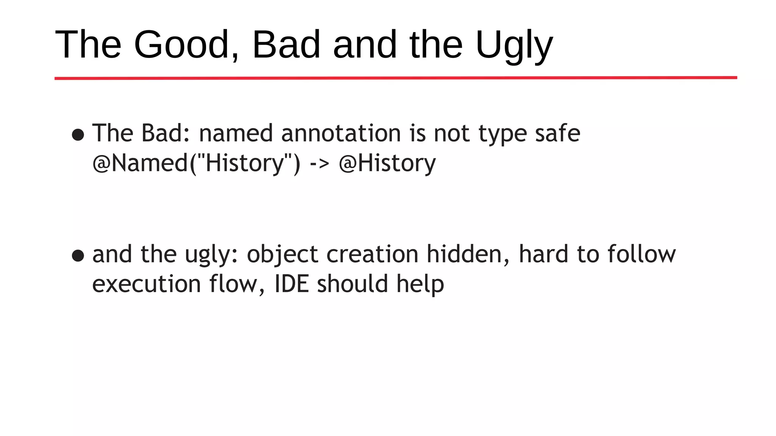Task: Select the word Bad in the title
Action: (x=286, y=45)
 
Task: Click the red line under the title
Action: (x=396, y=78)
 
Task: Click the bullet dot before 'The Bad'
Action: (x=78, y=135)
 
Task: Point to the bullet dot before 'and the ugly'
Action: (x=78, y=255)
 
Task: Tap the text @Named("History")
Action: (x=196, y=163)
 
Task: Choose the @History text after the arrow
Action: (x=387, y=163)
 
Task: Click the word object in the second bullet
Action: (x=282, y=254)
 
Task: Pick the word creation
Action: (x=372, y=254)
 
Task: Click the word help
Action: (x=420, y=285)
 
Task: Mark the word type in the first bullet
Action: (x=502, y=134)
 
